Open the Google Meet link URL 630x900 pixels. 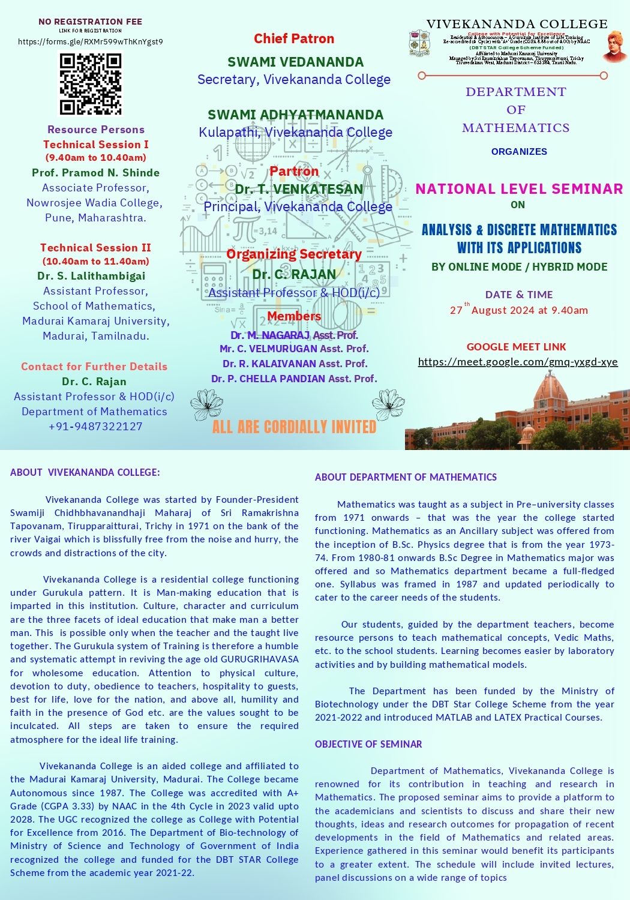517,362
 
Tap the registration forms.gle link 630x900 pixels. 91,42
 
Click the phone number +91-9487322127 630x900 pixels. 95,427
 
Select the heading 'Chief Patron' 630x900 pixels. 294,39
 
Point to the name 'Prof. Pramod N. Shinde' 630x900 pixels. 95,173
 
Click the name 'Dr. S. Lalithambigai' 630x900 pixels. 91,276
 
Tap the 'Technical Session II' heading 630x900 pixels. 95,248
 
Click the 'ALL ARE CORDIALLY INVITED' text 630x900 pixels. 294,427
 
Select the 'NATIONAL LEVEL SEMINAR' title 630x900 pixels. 519,189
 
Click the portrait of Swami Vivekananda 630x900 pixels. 614,47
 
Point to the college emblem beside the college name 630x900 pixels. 419,43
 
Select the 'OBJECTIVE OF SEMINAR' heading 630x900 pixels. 368,744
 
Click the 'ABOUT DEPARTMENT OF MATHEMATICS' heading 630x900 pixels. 406,478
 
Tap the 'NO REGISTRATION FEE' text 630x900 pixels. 91,22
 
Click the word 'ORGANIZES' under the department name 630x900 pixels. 519,152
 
